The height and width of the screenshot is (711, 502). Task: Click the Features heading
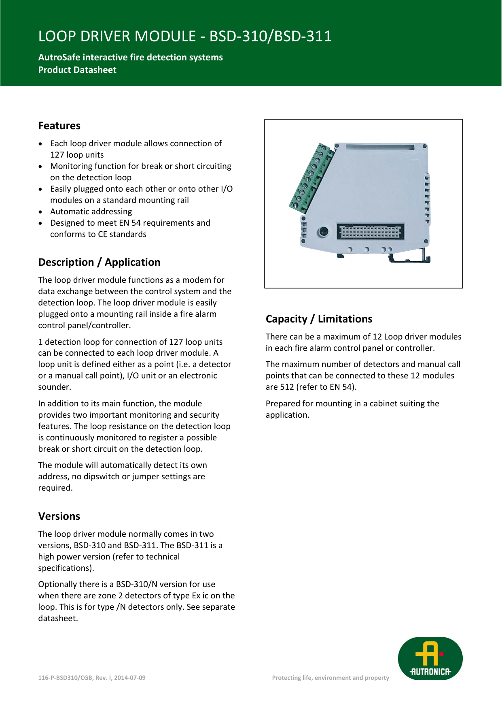tap(59, 126)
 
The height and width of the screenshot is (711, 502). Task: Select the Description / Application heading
tap(99, 263)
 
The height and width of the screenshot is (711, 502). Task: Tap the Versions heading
tap(59, 517)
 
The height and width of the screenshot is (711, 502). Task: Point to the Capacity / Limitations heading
tap(319, 319)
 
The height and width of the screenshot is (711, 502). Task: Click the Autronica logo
tap(430, 658)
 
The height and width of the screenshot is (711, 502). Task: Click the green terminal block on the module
tap(309, 178)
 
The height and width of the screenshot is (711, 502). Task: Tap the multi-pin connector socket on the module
tap(370, 232)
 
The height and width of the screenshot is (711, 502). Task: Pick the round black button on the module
tap(323, 232)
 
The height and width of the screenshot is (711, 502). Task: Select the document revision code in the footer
tap(92, 678)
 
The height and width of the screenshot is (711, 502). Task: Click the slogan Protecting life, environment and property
tap(330, 678)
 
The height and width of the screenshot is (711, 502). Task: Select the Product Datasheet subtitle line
tap(77, 70)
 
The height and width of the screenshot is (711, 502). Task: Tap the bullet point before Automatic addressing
tap(40, 212)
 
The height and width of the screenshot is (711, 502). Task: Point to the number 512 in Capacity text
tap(287, 387)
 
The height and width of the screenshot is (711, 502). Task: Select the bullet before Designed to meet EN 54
tap(40, 223)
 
